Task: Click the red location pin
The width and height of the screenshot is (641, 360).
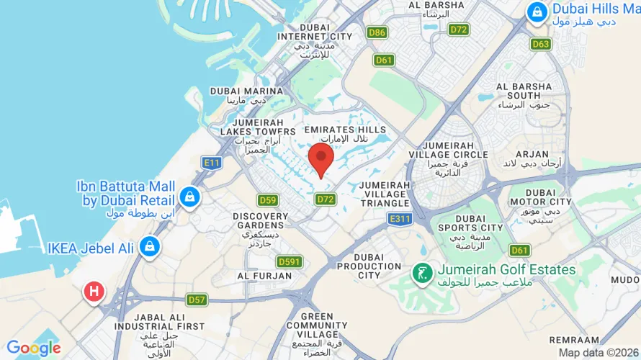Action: pyautogui.click(x=320, y=157)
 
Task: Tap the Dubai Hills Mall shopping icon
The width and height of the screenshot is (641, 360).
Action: pyautogui.click(x=537, y=12)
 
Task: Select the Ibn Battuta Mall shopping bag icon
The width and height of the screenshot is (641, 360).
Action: pyautogui.click(x=189, y=197)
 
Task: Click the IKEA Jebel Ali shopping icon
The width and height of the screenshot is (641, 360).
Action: pyautogui.click(x=149, y=246)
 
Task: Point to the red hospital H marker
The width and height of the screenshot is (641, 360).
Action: pyautogui.click(x=94, y=292)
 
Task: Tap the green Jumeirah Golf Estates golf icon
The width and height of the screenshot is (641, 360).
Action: pyautogui.click(x=421, y=272)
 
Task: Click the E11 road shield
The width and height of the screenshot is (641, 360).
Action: pyautogui.click(x=211, y=163)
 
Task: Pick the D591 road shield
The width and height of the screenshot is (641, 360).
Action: pyautogui.click(x=290, y=261)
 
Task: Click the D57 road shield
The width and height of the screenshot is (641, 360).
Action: pyautogui.click(x=197, y=300)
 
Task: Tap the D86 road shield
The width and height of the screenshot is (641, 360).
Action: pyautogui.click(x=376, y=32)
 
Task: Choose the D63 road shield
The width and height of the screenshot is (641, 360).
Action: pyautogui.click(x=541, y=44)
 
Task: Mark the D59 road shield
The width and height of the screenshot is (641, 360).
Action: pyautogui.click(x=268, y=200)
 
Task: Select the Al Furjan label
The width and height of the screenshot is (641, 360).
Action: pyautogui.click(x=257, y=276)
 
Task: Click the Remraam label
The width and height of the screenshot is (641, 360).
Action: pyautogui.click(x=573, y=339)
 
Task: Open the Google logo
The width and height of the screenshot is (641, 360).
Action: pyautogui.click(x=33, y=348)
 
